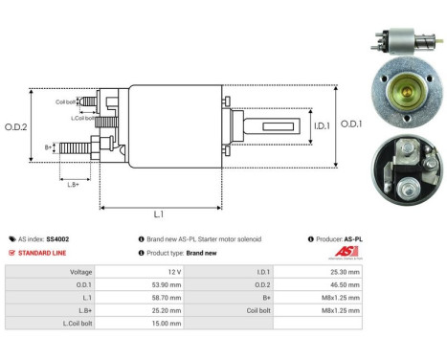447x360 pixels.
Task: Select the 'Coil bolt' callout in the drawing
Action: tap(65, 100)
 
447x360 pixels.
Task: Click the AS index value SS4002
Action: tap(57, 238)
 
